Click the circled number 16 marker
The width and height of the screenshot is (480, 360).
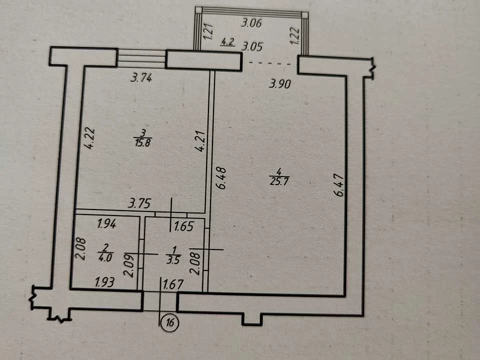tap(170, 322)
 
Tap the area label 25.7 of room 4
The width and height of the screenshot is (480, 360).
tap(279, 181)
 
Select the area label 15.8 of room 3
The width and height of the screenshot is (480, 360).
tap(143, 142)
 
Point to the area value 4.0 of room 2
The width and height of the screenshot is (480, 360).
tap(105, 257)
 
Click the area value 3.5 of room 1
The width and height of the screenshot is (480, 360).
tap(173, 260)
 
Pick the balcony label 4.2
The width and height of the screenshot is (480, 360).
tap(227, 41)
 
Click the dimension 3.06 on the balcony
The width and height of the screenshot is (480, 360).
tap(251, 23)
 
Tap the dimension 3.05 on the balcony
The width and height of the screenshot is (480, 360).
tap(252, 47)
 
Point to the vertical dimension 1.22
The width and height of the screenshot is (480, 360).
tap(294, 35)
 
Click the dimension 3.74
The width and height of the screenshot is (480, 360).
tap(141, 78)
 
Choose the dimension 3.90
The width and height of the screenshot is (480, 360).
tap(279, 83)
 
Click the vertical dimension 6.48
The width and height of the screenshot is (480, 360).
tap(221, 178)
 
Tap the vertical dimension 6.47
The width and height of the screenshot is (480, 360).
tap(339, 185)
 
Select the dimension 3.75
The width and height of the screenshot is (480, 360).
tap(139, 203)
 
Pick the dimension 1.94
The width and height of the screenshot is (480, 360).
tap(106, 224)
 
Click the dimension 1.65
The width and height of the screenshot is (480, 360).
tap(183, 226)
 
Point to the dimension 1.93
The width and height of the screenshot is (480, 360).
tap(104, 282)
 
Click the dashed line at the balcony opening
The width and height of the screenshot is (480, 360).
tap(269, 63)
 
